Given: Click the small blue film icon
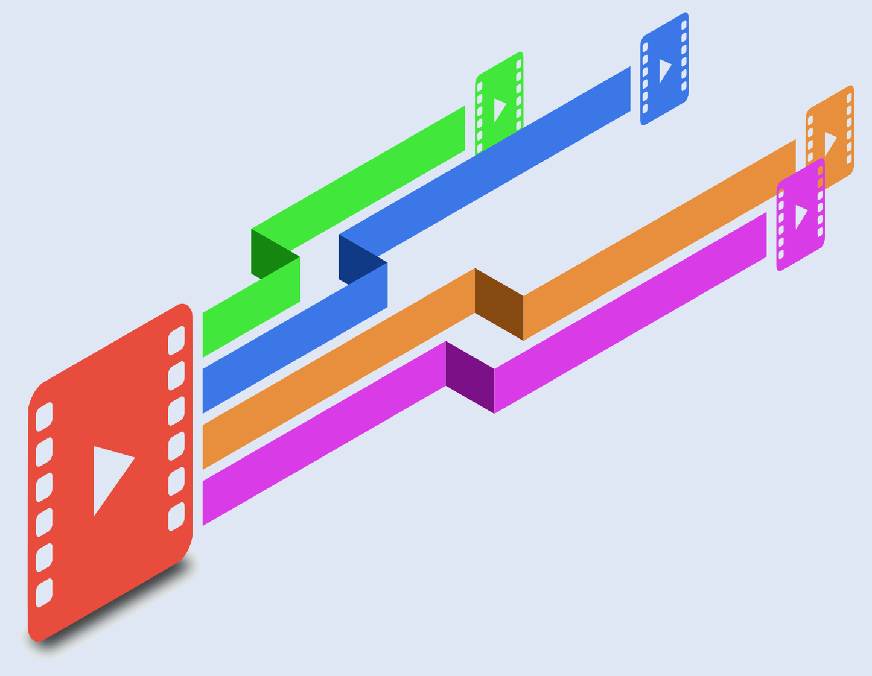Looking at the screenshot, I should (664, 69).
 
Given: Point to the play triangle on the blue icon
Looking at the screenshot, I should (664, 70).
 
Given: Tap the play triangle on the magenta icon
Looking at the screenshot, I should (800, 216).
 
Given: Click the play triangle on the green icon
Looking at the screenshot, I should (499, 109).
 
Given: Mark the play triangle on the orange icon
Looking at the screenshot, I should (830, 143).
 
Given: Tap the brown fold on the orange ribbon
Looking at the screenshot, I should (499, 304).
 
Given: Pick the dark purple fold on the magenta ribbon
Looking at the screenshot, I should (469, 377).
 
